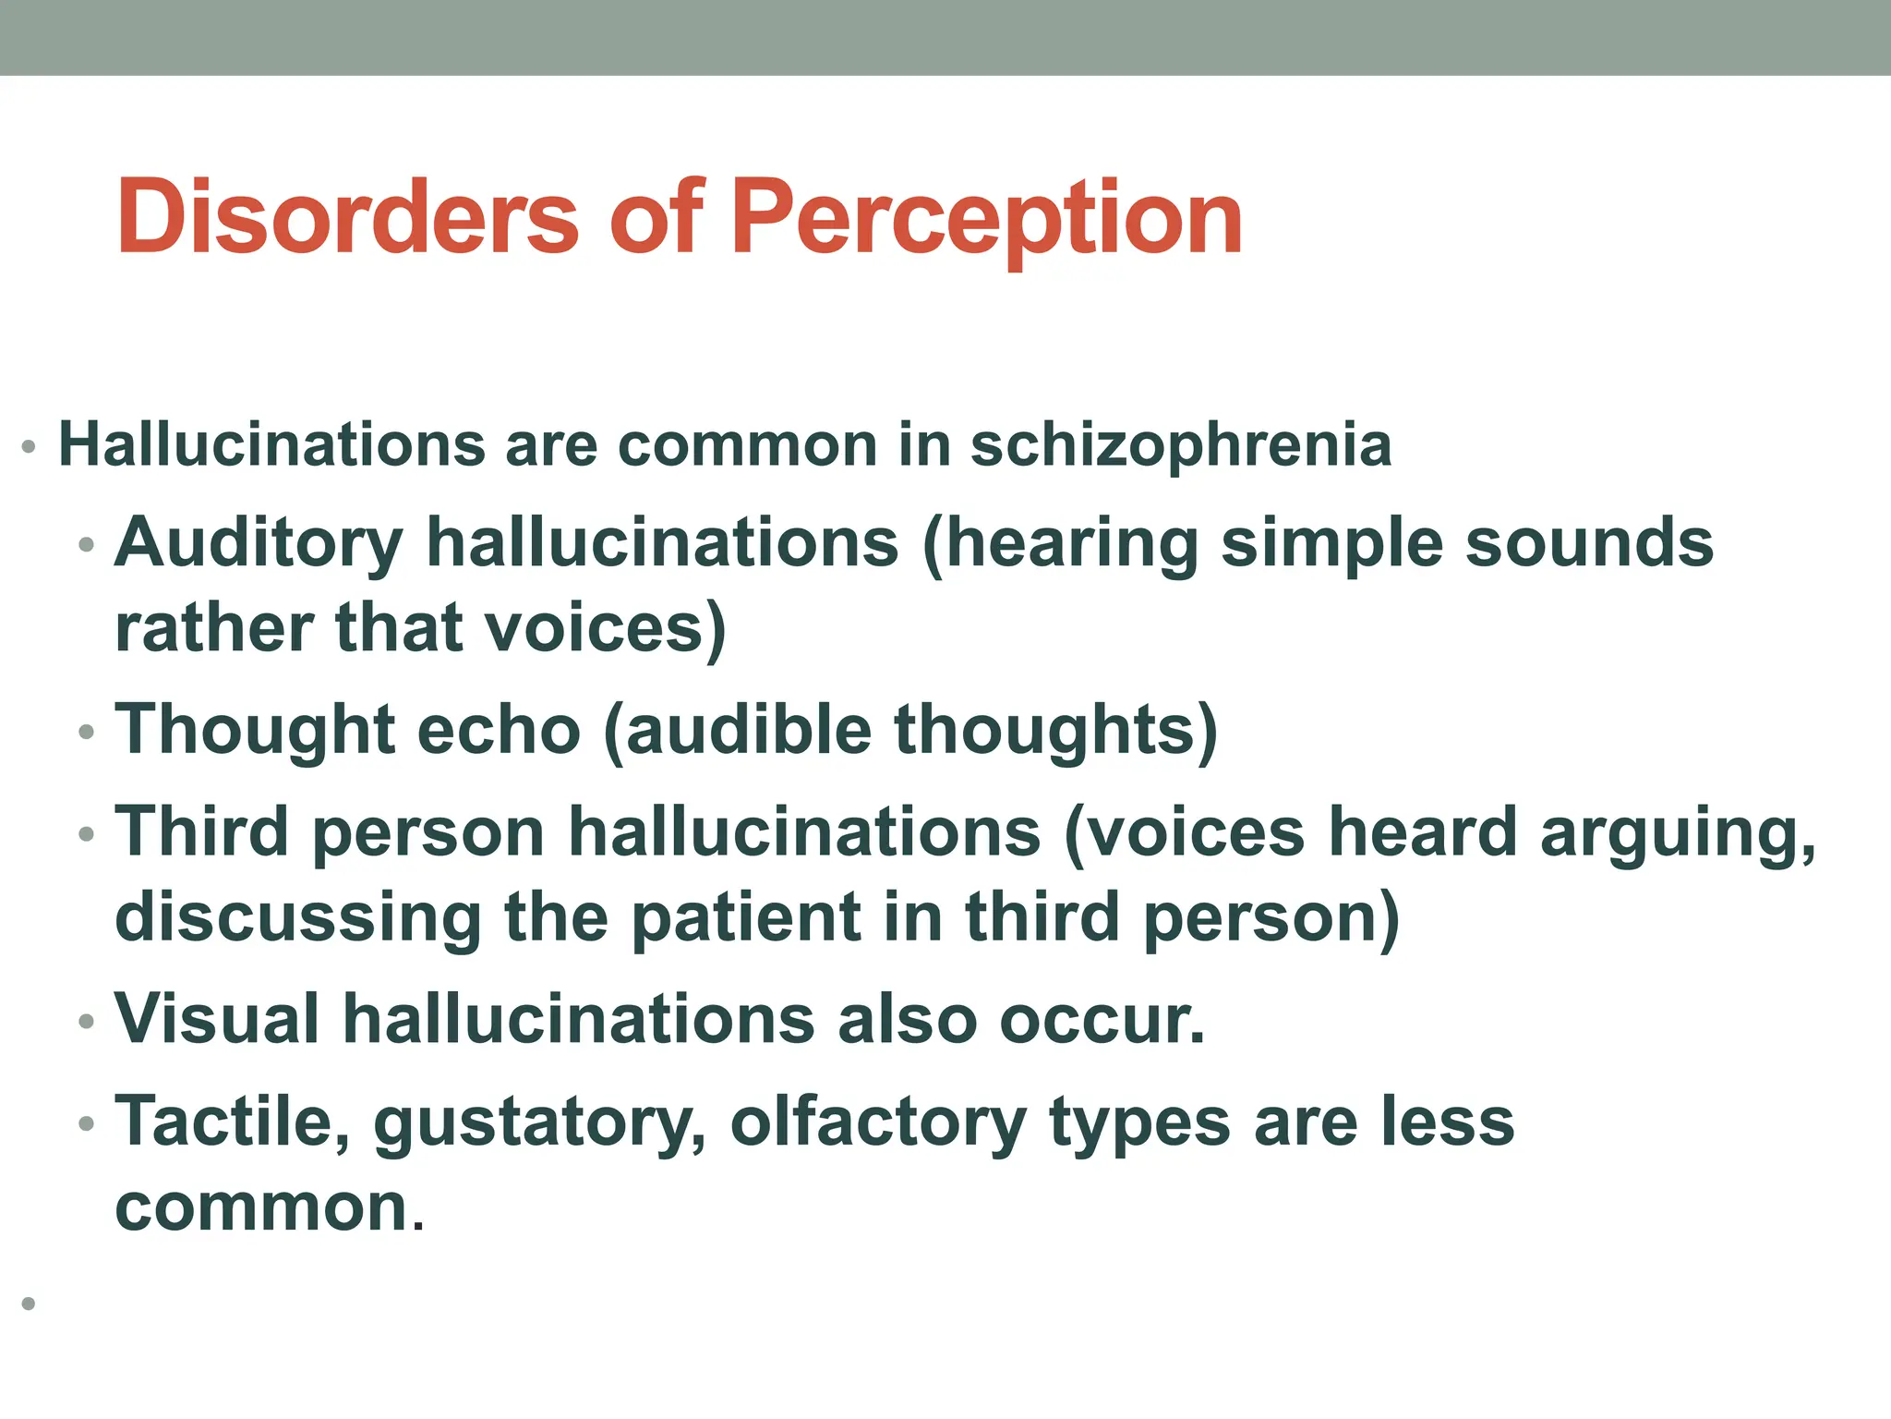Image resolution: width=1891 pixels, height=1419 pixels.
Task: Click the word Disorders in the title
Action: click(x=347, y=217)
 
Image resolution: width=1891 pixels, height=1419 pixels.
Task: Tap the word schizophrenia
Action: click(x=1181, y=445)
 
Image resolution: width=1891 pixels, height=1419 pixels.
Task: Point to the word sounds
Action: click(x=1589, y=543)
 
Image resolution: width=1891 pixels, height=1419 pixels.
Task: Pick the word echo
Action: click(x=499, y=730)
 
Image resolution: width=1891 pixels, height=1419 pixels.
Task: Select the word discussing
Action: click(x=297, y=918)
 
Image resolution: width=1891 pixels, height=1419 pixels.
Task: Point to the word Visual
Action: click(x=217, y=1020)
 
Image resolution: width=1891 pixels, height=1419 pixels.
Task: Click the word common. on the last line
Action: click(x=270, y=1208)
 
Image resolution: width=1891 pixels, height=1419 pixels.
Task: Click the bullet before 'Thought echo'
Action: click(x=87, y=733)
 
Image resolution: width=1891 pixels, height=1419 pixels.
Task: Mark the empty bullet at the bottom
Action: click(x=29, y=1304)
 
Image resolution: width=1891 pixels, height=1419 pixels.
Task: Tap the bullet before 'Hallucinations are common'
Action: click(x=29, y=448)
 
